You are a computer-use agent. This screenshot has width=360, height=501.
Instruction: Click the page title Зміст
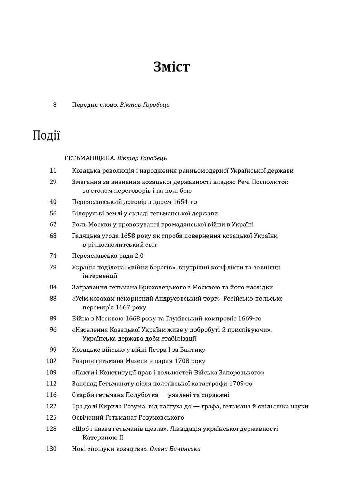tap(171, 67)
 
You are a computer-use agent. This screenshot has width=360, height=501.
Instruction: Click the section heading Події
tap(46, 135)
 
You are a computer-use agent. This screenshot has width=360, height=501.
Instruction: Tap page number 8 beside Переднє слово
tap(55, 105)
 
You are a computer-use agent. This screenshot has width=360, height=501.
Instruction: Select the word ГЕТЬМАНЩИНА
tap(90, 158)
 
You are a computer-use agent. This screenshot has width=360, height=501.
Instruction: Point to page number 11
tap(53, 171)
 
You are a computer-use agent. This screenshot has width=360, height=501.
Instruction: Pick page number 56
tap(53, 213)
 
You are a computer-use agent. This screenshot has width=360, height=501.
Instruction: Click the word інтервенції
tap(100, 276)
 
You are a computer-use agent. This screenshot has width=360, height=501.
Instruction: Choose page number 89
tap(53, 319)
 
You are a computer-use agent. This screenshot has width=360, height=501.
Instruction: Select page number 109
tap(51, 373)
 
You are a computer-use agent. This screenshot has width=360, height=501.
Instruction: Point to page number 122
tap(51, 406)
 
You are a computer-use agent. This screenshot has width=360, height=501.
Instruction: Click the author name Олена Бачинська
tap(175, 449)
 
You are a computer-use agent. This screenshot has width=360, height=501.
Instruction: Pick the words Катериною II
tap(103, 438)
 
